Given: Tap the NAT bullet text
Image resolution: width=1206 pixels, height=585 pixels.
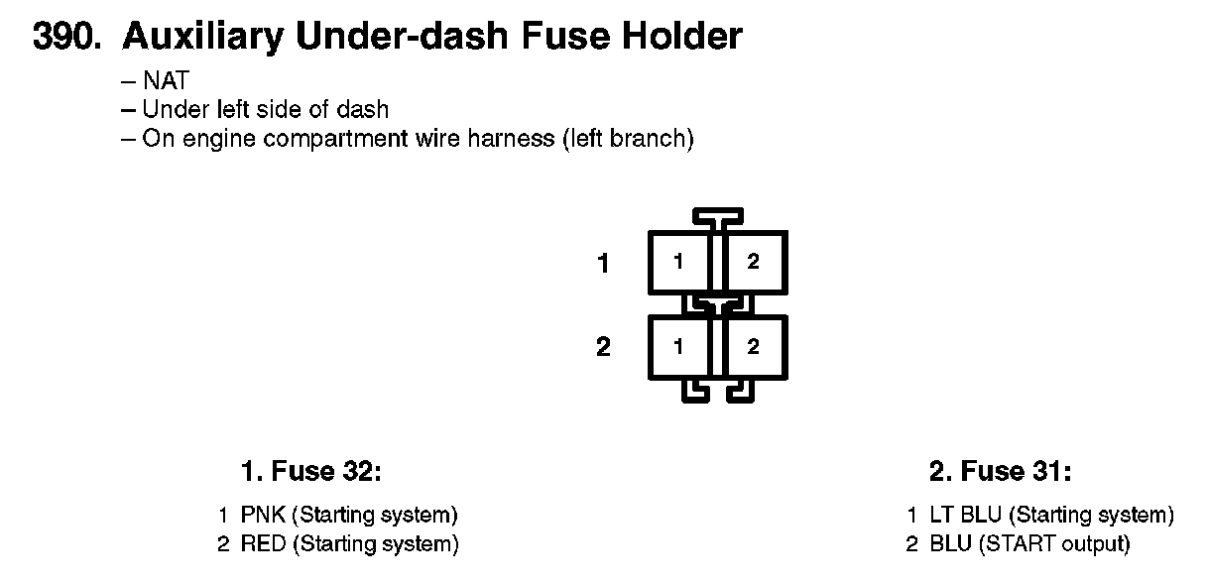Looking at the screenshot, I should tap(165, 81).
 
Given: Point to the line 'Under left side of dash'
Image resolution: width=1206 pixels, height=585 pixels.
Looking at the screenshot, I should tap(265, 109).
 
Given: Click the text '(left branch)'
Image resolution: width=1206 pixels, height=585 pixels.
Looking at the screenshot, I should tap(627, 138).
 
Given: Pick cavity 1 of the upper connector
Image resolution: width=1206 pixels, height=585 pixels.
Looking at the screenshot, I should tap(678, 262).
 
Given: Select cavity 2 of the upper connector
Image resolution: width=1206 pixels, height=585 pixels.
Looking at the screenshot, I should tap(754, 262).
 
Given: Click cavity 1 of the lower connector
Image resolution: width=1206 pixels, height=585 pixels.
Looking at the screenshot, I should tap(678, 346).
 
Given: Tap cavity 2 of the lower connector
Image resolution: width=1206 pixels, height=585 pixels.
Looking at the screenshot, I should tap(754, 346).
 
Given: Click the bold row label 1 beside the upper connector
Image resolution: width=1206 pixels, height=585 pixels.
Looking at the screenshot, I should tap(603, 264).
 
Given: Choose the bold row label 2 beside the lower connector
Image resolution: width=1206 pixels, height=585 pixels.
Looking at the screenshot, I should tap(603, 348).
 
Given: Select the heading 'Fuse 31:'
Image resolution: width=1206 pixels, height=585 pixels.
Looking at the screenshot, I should tap(1017, 472).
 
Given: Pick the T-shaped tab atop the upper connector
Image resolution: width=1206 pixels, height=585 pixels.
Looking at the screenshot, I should tap(717, 215).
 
